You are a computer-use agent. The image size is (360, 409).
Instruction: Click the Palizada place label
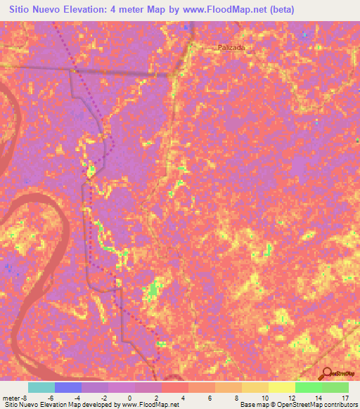pos(231,47)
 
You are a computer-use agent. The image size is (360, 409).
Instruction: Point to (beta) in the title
pos(280,9)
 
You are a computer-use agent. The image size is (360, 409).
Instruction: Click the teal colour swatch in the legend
pos(41,387)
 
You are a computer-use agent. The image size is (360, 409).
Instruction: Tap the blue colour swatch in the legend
pos(68,387)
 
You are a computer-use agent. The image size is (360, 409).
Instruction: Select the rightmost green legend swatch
pos(335,387)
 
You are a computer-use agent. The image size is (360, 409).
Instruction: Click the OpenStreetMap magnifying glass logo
pos(327,373)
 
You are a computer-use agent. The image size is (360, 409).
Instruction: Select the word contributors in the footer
pos(337,404)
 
